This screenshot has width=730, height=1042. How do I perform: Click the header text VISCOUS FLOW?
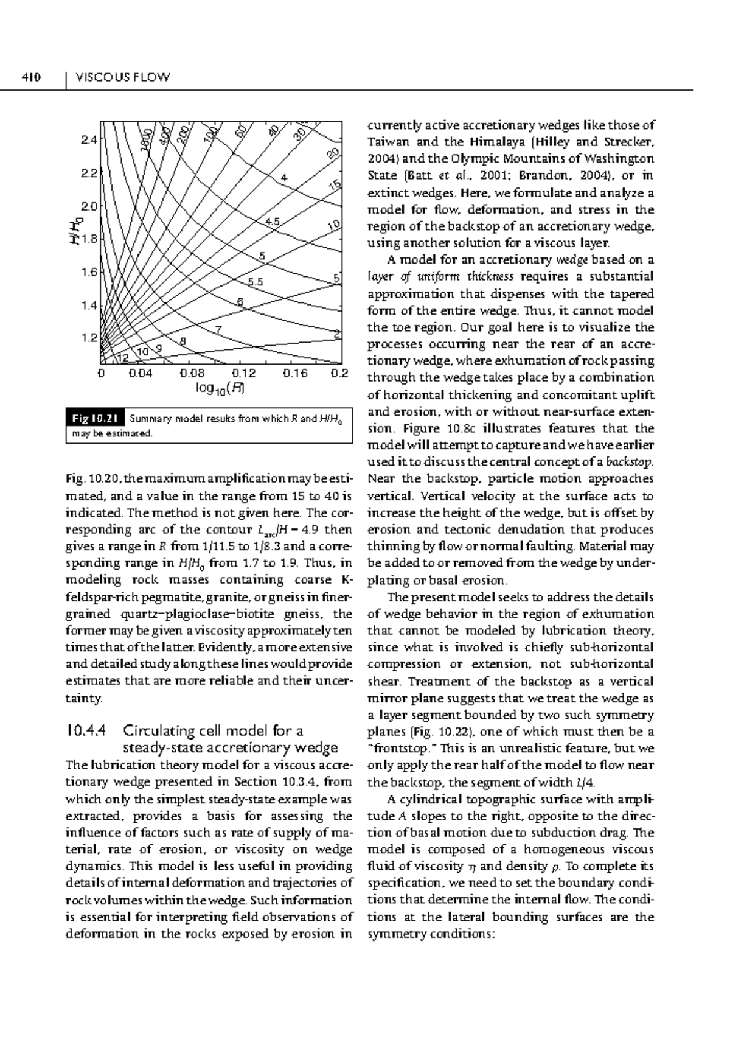pos(122,77)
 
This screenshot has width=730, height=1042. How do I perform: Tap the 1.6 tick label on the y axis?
pos(89,273)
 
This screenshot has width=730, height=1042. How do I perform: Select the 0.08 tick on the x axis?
pos(192,374)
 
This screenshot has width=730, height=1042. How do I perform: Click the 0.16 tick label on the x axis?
pos(295,374)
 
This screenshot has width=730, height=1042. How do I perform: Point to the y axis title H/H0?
pos(74,230)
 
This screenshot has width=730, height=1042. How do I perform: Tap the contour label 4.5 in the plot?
pos(272,222)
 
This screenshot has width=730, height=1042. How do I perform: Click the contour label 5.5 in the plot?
pos(255,282)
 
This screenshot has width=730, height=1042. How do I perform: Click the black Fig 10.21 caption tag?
pos(95,419)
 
